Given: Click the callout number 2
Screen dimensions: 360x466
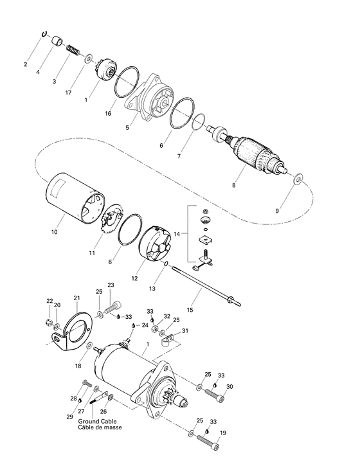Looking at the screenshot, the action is (x=26, y=64).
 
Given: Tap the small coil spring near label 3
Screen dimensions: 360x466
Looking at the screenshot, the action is (x=73, y=49).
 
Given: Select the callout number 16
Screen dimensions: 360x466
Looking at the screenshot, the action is (x=107, y=114).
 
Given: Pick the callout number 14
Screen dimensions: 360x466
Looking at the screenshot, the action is (x=177, y=234).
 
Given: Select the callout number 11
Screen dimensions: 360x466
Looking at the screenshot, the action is (x=92, y=253).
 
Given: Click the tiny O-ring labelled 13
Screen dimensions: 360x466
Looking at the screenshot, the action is (x=166, y=264).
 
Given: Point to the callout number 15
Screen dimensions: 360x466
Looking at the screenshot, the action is (x=190, y=310).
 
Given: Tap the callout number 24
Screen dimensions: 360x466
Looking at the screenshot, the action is (x=145, y=325).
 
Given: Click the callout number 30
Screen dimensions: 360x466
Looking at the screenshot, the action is (x=230, y=387).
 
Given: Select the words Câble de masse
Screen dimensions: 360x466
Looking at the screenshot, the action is (x=100, y=427).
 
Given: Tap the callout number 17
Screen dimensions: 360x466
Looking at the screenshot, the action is (x=68, y=93).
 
